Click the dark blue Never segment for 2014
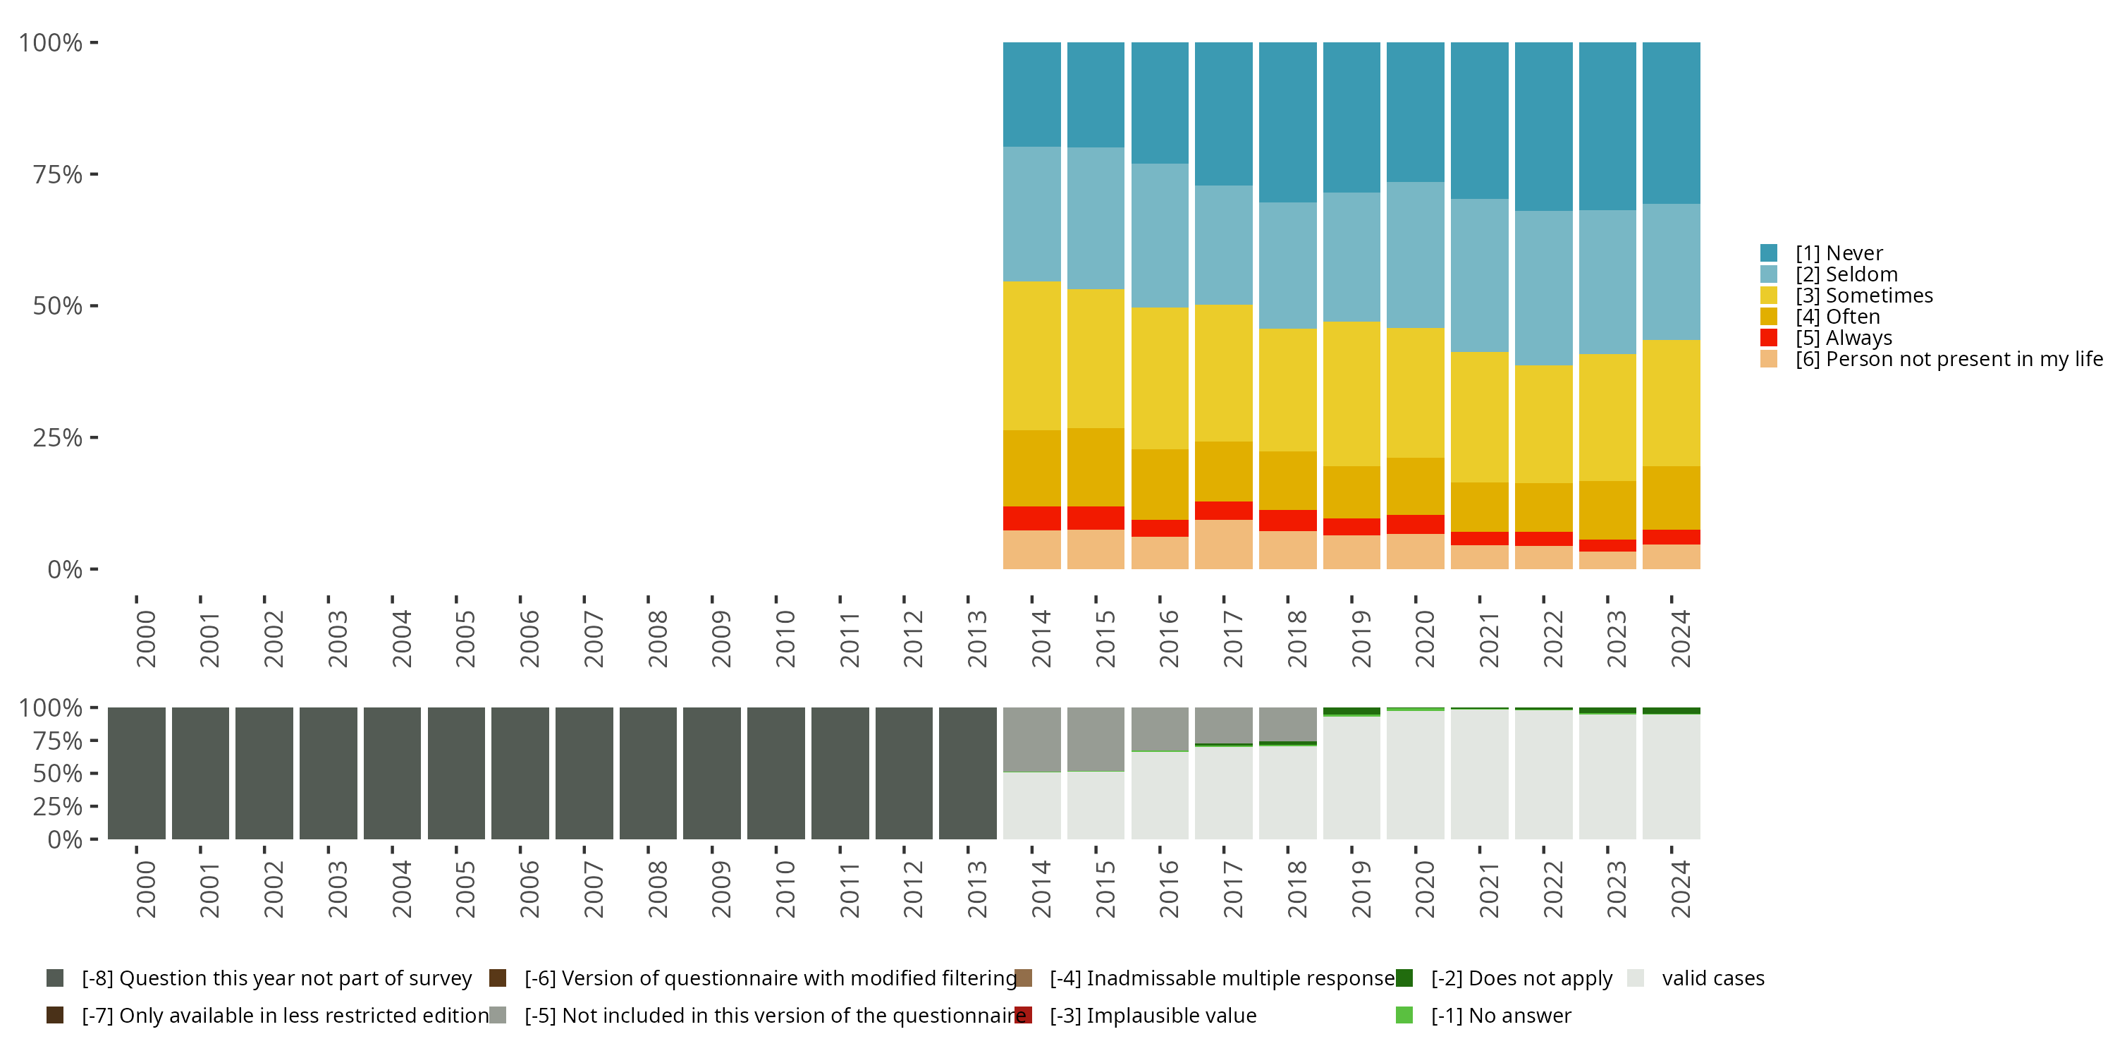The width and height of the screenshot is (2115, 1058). [x=1031, y=95]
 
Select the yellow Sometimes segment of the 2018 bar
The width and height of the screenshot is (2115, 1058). [x=1287, y=389]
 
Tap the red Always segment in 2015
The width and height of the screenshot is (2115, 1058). [x=1096, y=518]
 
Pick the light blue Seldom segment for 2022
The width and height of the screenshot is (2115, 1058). [x=1543, y=288]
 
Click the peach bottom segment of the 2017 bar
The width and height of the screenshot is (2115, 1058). [x=1223, y=544]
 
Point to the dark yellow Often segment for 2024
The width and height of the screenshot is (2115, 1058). [x=1671, y=498]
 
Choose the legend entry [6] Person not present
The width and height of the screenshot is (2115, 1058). [x=1946, y=359]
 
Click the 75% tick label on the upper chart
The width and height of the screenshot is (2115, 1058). [x=58, y=174]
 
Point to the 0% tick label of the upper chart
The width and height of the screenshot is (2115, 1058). [x=65, y=569]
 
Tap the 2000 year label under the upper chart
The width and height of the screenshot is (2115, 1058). [x=145, y=638]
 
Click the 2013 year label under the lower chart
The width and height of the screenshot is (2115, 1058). [x=976, y=889]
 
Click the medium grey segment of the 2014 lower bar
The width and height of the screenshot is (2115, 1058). [x=1031, y=738]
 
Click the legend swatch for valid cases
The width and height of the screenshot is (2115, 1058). [x=1636, y=978]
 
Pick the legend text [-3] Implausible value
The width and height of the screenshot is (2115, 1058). [x=1152, y=1015]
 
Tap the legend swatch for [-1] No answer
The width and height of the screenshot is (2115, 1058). [x=1404, y=1015]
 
